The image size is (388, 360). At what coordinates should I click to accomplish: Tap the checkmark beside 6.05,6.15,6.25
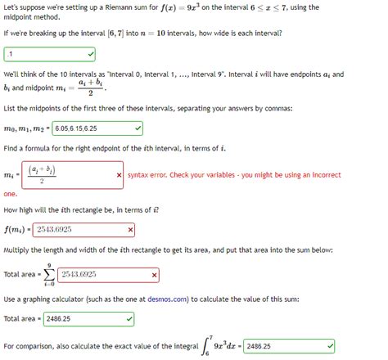[138, 128]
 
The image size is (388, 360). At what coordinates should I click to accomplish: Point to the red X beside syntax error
[120, 175]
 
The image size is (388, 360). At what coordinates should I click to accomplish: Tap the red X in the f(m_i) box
[131, 231]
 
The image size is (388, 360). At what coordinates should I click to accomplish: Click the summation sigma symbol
[50, 275]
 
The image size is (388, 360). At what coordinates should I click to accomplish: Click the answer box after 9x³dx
[288, 346]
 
